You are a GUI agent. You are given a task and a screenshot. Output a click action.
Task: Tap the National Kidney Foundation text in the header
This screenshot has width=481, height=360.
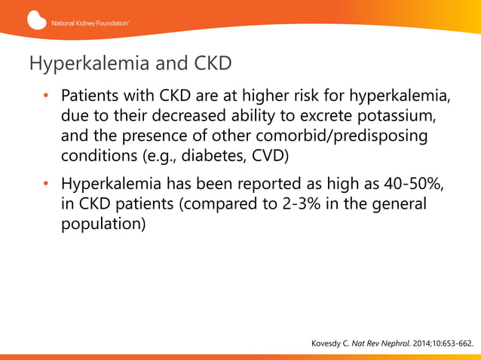90,23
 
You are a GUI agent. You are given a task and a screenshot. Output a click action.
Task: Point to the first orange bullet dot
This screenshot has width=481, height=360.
45,97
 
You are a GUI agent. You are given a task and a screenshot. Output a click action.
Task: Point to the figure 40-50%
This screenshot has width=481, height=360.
406,184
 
